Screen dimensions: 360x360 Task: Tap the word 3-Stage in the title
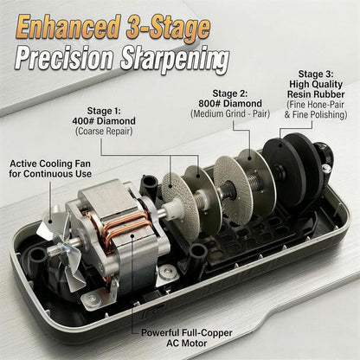pos(168,28)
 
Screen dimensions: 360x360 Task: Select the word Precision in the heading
pos(64,60)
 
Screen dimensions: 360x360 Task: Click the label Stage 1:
pos(104,111)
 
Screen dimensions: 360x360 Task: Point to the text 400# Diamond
pos(104,121)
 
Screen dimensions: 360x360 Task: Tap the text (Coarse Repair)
pos(104,132)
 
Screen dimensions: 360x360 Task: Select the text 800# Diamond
pos(230,103)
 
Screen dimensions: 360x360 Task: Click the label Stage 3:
pos(316,74)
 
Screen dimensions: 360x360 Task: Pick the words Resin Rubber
pos(316,94)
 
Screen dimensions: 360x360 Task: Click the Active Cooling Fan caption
pos(50,164)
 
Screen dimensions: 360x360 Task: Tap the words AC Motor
pos(187,344)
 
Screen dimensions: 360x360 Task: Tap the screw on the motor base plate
pos(167,272)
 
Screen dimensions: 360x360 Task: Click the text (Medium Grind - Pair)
pos(230,113)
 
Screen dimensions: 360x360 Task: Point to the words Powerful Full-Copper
pos(187,333)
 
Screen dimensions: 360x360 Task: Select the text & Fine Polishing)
pos(316,114)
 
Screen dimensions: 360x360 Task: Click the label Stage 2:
pos(230,93)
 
